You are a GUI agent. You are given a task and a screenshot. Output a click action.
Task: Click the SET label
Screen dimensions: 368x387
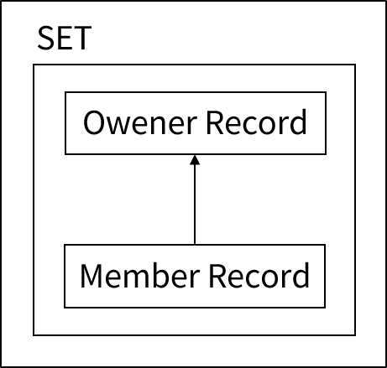[64, 39]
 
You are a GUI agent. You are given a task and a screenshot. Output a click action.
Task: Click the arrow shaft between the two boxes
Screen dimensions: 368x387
[195, 201]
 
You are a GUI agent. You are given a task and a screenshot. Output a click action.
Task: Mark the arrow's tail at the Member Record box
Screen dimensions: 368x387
[195, 243]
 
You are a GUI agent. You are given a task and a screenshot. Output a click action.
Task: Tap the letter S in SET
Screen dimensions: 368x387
[45, 39]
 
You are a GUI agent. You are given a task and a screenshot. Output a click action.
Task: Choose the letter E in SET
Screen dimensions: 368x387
[64, 39]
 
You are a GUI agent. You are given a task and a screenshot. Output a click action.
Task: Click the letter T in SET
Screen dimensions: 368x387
[81, 39]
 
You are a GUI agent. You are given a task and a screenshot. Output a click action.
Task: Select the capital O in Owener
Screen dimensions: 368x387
[94, 124]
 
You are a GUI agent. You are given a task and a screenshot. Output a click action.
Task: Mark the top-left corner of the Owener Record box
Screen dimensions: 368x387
[65, 92]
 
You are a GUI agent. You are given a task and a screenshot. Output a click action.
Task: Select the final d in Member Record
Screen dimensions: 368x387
[301, 275]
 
